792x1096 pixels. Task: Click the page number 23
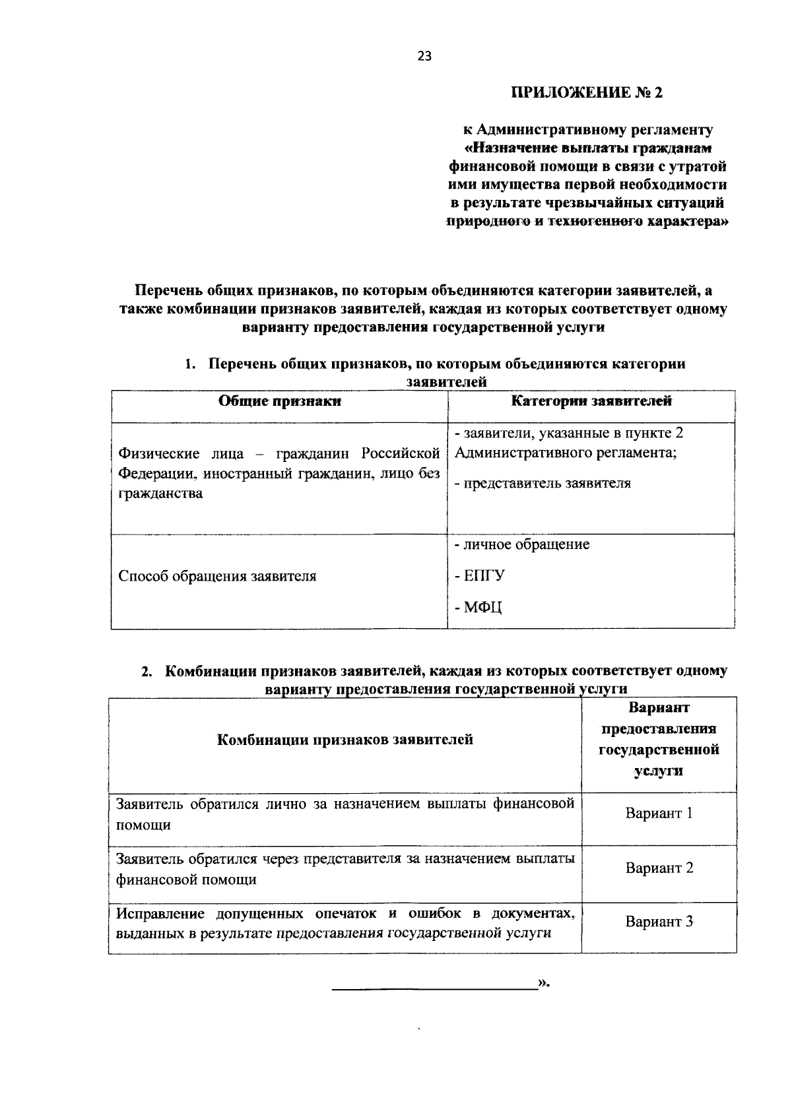(424, 57)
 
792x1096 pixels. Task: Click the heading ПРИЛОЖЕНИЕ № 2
(586, 92)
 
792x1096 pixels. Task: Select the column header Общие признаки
(279, 401)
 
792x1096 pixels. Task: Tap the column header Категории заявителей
(591, 401)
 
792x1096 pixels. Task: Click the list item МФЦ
(478, 607)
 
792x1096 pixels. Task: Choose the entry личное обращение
(522, 544)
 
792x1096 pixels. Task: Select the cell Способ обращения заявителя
(217, 576)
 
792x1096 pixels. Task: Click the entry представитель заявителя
(543, 483)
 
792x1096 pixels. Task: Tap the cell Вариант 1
(659, 813)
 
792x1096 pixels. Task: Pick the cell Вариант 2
(659, 868)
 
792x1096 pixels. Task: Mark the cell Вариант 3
(659, 922)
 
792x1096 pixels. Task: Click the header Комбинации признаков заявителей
(345, 740)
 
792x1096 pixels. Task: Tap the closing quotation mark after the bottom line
(544, 983)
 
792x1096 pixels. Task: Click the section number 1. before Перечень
(191, 364)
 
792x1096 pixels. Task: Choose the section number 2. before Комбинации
(147, 672)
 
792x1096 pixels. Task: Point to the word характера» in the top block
(686, 222)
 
